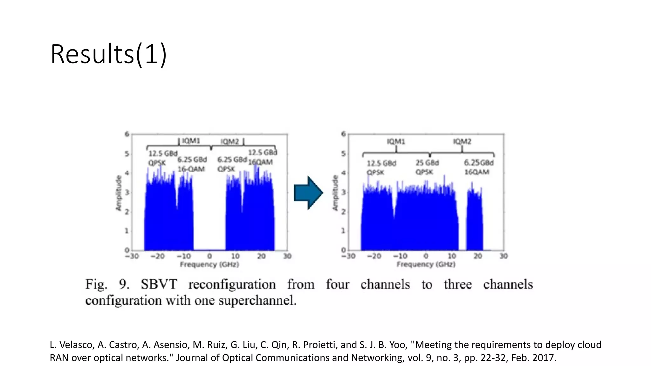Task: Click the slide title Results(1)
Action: [108, 54]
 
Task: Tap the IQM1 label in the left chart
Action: [191, 141]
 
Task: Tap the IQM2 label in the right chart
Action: [462, 141]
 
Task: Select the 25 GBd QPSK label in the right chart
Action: [427, 167]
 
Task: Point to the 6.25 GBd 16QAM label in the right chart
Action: [478, 167]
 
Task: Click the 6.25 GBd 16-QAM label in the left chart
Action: [192, 164]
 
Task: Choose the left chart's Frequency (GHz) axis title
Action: [209, 264]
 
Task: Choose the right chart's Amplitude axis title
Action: [335, 193]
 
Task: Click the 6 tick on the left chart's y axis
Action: [127, 134]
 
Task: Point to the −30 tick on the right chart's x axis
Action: [348, 256]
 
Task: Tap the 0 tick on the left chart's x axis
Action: [209, 256]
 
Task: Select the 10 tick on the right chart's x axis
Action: [452, 256]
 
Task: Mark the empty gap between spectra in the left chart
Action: [209, 216]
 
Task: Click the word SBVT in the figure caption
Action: [159, 284]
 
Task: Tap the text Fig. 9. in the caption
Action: [107, 284]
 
